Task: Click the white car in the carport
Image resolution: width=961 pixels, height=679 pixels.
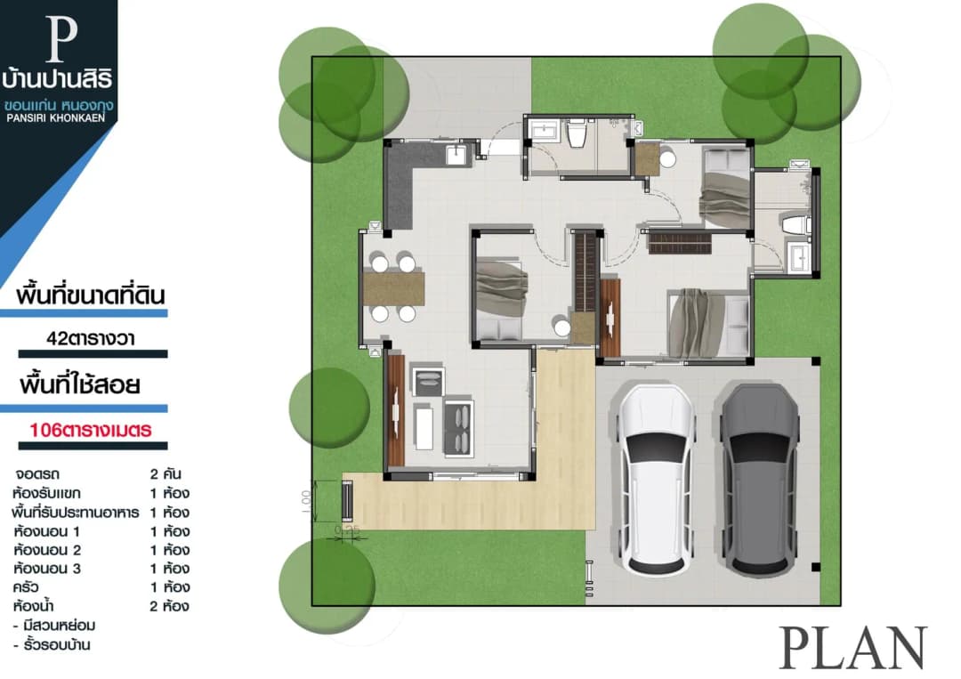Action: [657, 480]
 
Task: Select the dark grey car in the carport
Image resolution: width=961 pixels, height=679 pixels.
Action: [760, 480]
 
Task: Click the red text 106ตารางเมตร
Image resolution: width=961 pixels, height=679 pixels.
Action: [91, 430]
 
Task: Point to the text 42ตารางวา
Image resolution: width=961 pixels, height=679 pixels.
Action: [91, 338]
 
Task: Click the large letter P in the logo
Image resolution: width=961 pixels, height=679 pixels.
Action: [61, 39]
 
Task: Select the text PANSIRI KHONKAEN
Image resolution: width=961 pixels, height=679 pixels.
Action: [56, 117]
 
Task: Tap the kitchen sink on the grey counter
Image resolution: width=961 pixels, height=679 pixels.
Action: [456, 155]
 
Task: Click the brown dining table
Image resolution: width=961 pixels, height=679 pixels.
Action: [393, 288]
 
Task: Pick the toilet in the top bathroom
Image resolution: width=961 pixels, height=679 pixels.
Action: [576, 133]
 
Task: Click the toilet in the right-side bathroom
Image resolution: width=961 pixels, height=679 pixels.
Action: [795, 223]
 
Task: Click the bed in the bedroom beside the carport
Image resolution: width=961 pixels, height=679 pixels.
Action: [708, 323]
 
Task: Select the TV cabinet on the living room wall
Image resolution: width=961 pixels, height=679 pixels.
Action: [396, 410]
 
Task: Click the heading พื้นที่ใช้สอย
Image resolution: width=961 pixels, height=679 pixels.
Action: [80, 384]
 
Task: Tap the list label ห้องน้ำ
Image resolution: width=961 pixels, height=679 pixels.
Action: [33, 606]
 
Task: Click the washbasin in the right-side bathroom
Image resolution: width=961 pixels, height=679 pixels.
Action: [797, 256]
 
